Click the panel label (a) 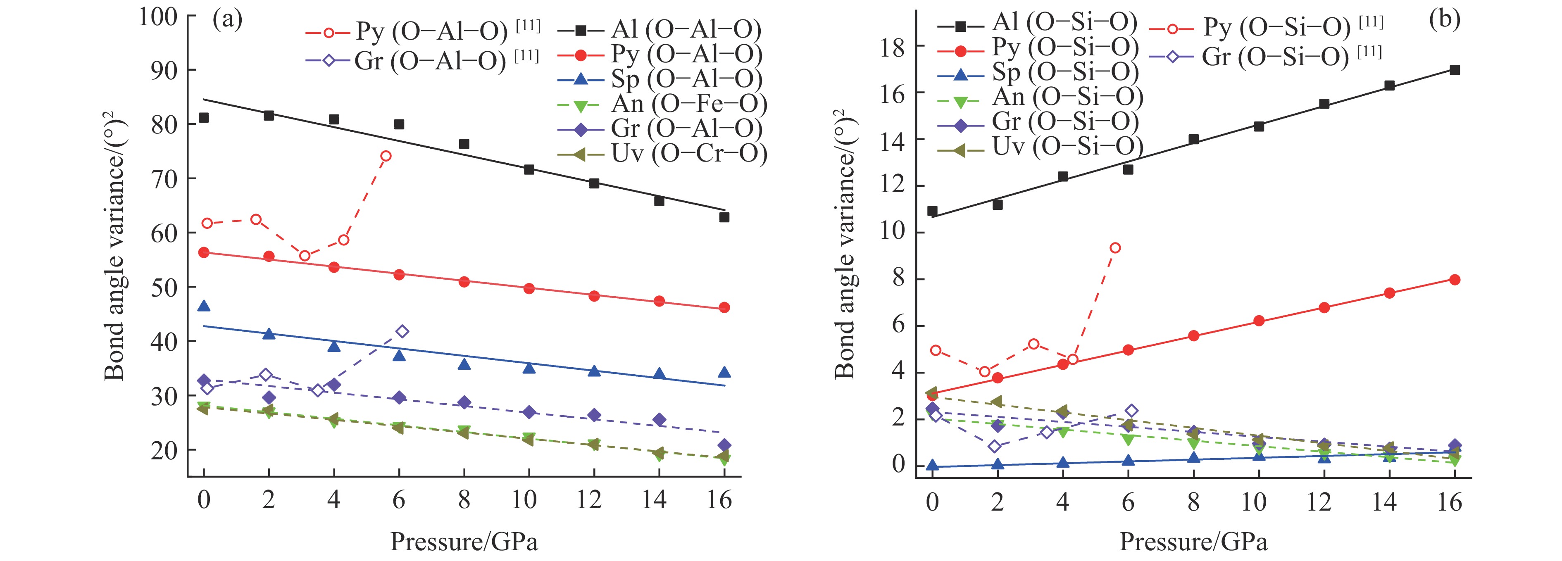coord(227,21)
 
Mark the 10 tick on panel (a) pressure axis coord(524,500)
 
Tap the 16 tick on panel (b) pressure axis coord(1449,502)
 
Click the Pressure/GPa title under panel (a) coord(464,542)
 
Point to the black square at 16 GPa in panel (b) coord(1454,70)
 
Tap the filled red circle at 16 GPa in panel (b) coord(1454,280)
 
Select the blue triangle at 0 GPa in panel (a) coord(204,306)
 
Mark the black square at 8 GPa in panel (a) coord(464,144)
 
